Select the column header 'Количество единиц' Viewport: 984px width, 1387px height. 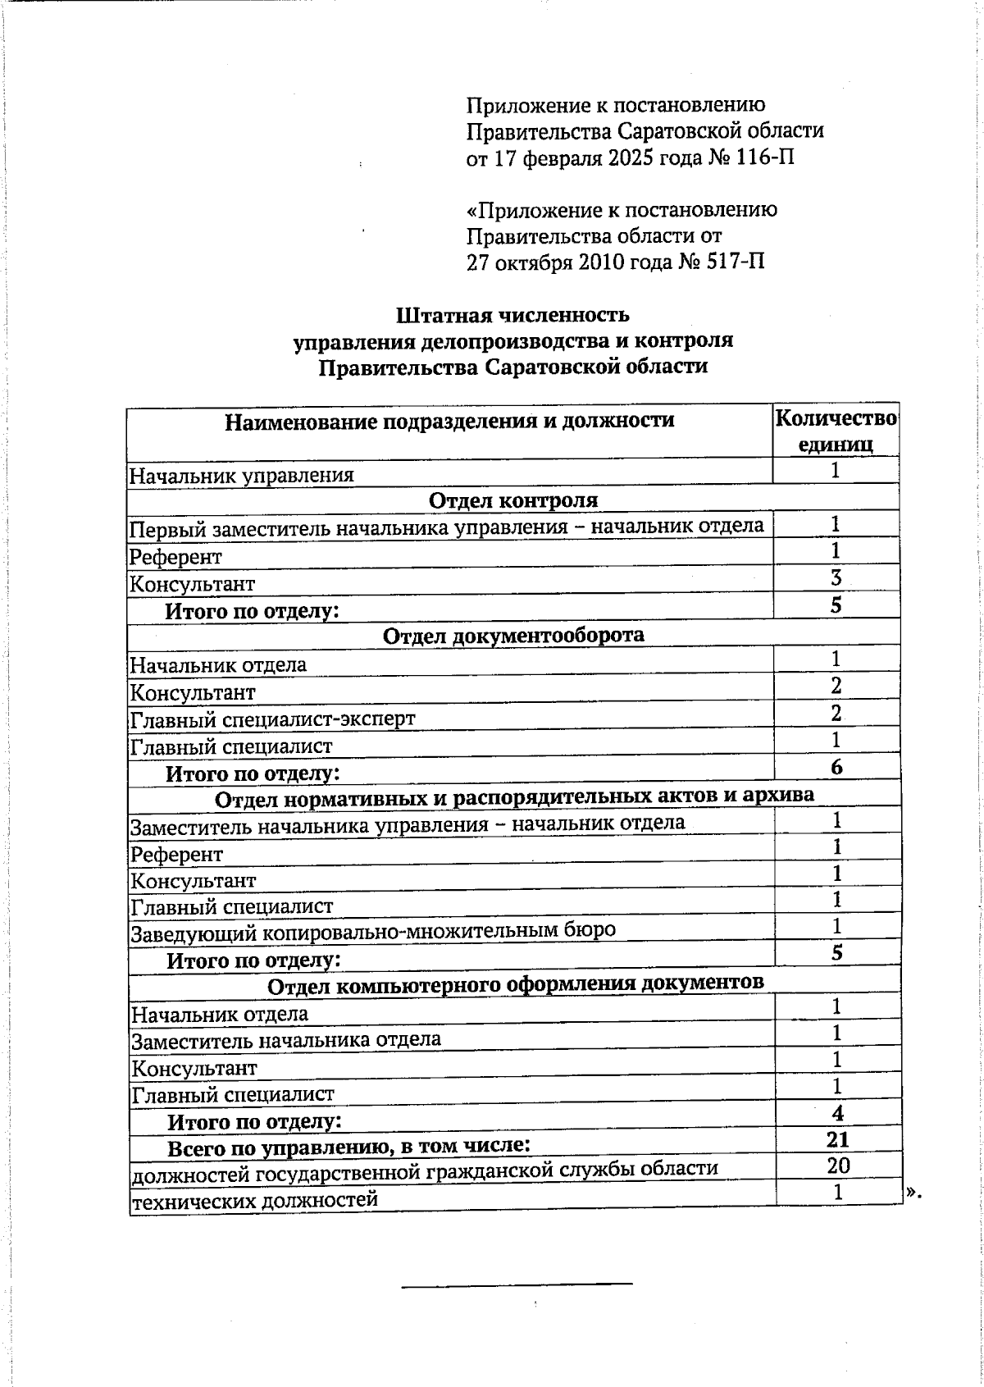click(836, 431)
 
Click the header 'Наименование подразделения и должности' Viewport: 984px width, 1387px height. click(449, 422)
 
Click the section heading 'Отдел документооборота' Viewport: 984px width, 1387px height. click(513, 635)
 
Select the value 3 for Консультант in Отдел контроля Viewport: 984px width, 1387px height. click(836, 577)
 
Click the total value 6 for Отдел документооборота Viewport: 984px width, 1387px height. click(836, 767)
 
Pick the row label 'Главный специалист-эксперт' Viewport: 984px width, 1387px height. click(273, 719)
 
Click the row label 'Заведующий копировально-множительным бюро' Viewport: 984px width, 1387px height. click(373, 931)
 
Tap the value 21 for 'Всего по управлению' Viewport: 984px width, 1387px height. click(837, 1139)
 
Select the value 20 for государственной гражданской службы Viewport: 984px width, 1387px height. click(838, 1166)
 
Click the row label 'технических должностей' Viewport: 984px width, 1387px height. click(255, 1200)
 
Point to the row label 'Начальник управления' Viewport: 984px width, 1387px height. click(242, 475)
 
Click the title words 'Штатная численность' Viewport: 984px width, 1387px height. click(512, 315)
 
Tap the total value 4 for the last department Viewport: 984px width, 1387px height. click(837, 1113)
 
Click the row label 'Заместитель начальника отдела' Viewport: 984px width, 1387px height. click(286, 1040)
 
